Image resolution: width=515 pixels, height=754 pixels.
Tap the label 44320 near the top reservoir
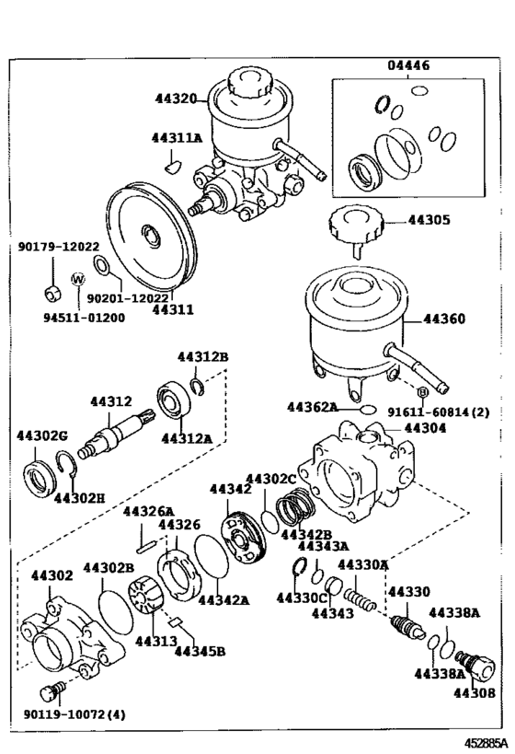pyautogui.click(x=173, y=99)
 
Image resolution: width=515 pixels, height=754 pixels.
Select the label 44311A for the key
pyautogui.click(x=176, y=138)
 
